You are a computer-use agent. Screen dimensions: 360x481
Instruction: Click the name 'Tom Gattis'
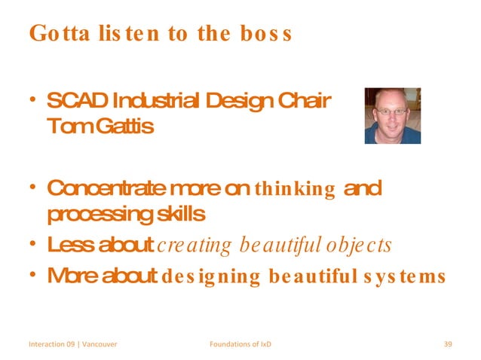coord(100,126)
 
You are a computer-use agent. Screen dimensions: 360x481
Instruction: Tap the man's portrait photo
coord(392,115)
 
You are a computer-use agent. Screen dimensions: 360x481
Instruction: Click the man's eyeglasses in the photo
coord(391,111)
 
